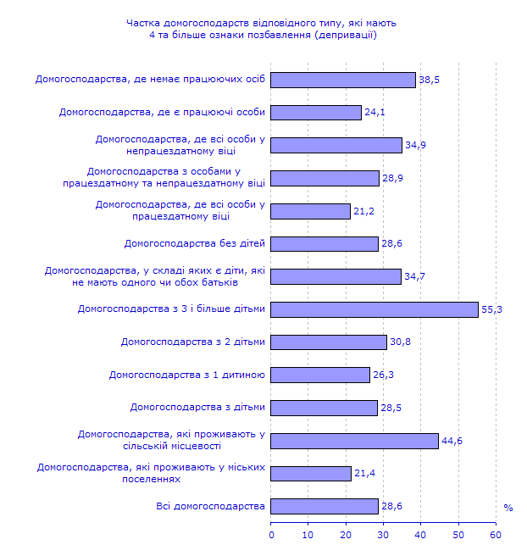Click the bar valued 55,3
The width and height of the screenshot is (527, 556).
(x=374, y=309)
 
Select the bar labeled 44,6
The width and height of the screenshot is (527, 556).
(x=355, y=441)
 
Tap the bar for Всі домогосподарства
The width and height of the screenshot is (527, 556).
(x=325, y=506)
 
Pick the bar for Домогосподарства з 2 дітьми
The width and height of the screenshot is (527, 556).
(x=329, y=342)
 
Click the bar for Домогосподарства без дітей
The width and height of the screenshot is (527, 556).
(x=325, y=244)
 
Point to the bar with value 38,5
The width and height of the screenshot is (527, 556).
(x=343, y=80)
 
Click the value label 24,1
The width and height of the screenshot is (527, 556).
(x=374, y=113)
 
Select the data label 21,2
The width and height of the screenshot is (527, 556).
(x=363, y=211)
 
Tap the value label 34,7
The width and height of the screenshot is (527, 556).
(x=414, y=277)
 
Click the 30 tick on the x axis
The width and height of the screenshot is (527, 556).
(x=384, y=535)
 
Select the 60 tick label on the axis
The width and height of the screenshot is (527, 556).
(x=496, y=535)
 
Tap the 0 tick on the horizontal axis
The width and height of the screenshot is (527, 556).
(x=272, y=535)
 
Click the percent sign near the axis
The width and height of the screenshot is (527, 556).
(x=508, y=508)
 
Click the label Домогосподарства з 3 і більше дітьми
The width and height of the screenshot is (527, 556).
(x=171, y=309)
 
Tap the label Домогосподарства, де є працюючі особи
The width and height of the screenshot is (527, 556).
(x=162, y=113)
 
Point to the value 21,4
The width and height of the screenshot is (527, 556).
(x=364, y=474)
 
